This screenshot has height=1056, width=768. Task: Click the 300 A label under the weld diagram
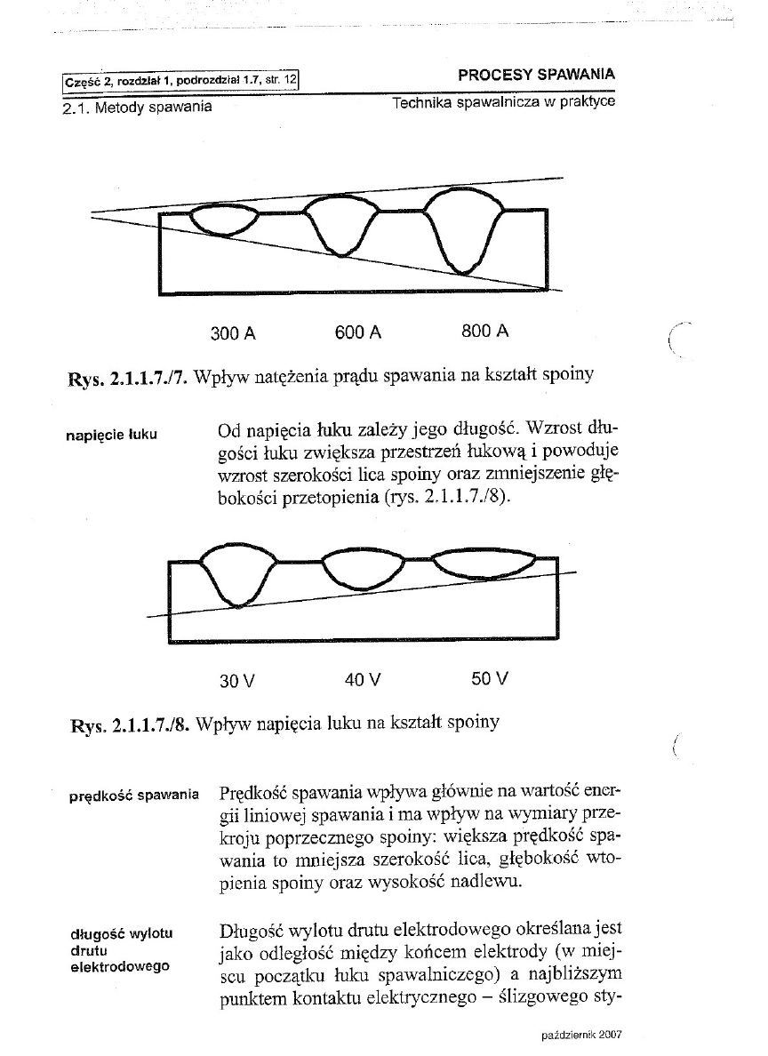coord(233,333)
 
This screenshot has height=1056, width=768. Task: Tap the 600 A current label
coord(358,332)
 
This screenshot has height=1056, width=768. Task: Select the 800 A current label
coord(485,332)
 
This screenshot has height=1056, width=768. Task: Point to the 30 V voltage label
coord(237,681)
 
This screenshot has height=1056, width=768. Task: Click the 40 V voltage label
coord(363,680)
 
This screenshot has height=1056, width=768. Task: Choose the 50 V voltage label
coord(490,679)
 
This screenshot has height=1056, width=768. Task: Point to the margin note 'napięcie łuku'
coord(112,435)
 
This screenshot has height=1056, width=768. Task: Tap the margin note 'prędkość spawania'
coord(133,796)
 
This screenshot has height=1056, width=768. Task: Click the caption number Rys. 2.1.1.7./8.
coord(126,724)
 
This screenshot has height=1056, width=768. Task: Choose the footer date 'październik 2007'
coord(580,1036)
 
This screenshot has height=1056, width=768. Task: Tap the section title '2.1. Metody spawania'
coord(138,108)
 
